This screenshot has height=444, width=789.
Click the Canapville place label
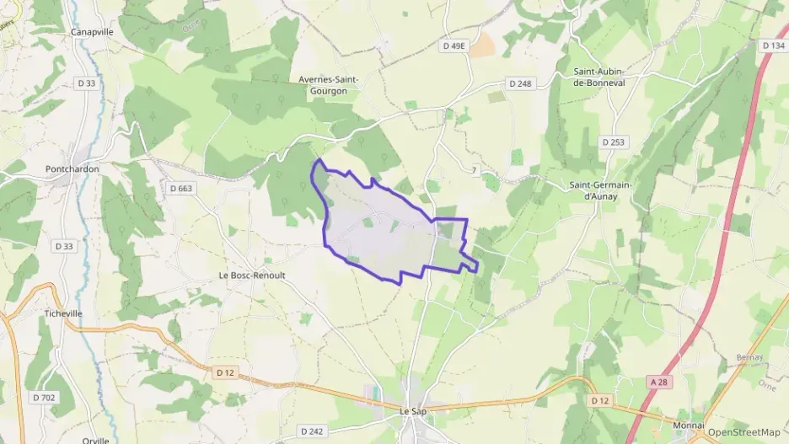point(92,32)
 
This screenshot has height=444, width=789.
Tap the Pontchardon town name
point(72,169)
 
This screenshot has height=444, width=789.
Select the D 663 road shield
point(181,188)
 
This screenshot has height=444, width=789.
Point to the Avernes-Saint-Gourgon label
point(329,85)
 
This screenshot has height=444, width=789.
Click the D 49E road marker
point(454,46)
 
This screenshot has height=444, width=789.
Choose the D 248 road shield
point(521,83)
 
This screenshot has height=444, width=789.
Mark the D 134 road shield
point(772,45)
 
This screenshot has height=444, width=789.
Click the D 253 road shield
point(615,142)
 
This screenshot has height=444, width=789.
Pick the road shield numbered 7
point(475,171)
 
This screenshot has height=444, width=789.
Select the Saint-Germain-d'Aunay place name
point(601,190)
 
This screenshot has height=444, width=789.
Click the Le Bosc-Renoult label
point(252,275)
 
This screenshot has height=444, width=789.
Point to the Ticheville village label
point(63,313)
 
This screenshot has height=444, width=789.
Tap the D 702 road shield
point(44,397)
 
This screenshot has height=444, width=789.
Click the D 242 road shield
point(312,431)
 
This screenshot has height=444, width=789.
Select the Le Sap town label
point(413,410)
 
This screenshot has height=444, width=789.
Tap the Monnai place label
point(689,425)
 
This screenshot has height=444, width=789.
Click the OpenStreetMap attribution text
point(743,432)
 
